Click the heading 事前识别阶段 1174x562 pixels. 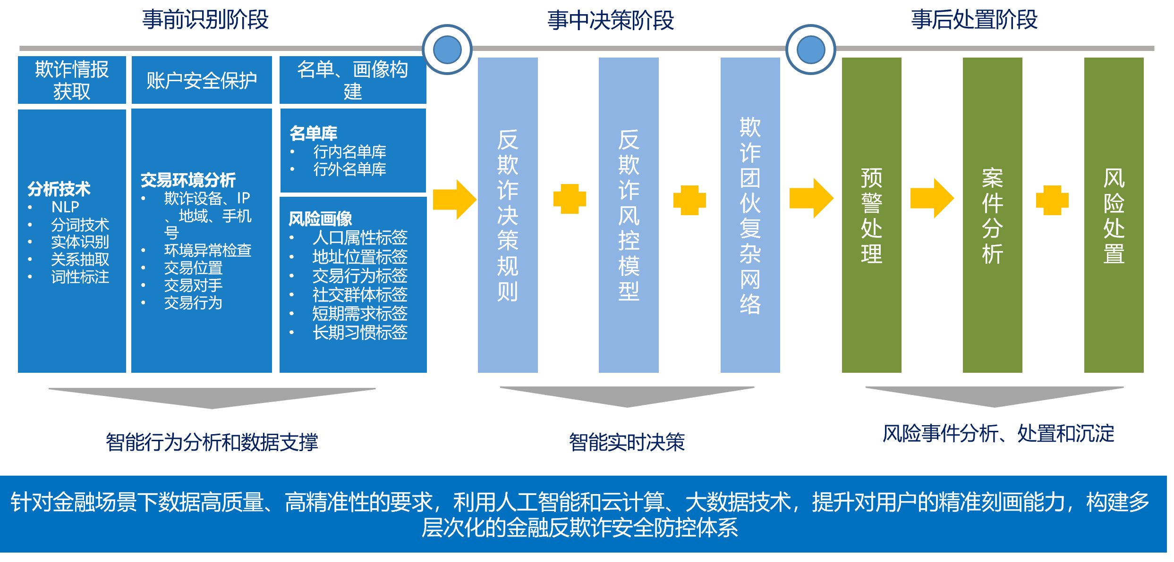point(205,20)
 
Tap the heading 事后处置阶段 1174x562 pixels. point(974,20)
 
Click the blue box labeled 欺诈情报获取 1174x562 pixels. point(72,80)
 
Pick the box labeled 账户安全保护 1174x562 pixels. point(202,80)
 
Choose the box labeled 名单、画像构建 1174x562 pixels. point(353,80)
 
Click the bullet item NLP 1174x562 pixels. point(65,207)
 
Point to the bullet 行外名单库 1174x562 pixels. point(349,169)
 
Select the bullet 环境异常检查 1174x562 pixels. point(207,250)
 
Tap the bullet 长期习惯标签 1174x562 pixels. point(359,333)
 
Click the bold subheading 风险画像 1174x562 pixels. point(320,218)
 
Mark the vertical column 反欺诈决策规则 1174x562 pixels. point(508,215)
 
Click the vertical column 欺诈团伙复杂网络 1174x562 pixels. point(750,215)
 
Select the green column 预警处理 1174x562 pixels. point(871,215)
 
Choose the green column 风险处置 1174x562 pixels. point(1114,215)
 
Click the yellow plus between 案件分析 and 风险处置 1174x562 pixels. point(1052,200)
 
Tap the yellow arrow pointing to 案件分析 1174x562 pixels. point(931,198)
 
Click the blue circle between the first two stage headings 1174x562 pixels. point(447,50)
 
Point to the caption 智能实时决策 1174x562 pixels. point(627,442)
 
